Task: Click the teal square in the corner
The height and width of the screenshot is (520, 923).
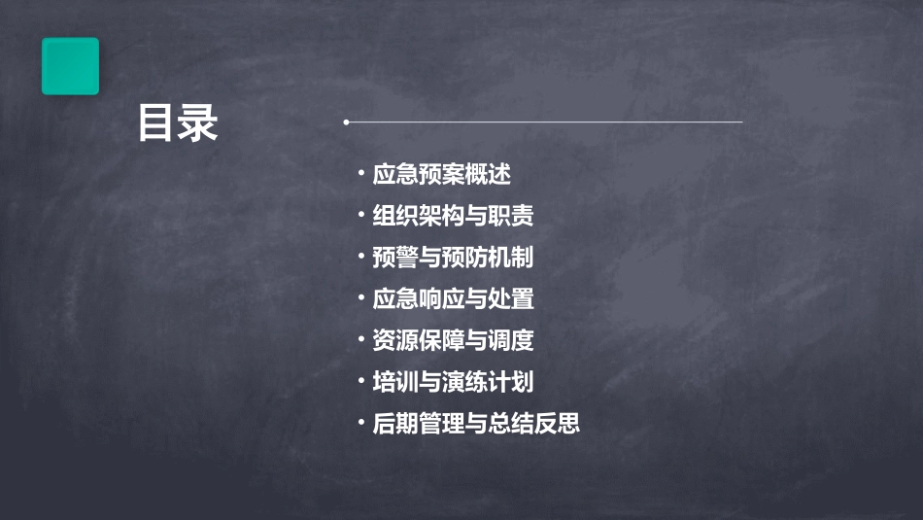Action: (70, 66)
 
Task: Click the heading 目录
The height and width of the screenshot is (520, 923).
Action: (178, 123)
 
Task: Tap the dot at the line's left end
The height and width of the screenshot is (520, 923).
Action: (346, 122)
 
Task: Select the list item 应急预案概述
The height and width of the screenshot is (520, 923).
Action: (441, 175)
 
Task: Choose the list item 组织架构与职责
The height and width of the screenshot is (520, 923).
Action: (453, 216)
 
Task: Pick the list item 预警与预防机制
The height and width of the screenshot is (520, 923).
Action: (453, 258)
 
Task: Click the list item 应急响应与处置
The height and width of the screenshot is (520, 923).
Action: (453, 298)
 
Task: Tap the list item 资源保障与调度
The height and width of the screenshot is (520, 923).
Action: (453, 340)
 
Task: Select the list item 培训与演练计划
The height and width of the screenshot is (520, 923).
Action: (453, 382)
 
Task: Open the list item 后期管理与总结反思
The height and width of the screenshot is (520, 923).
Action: (476, 424)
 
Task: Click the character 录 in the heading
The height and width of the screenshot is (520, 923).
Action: (199, 123)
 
